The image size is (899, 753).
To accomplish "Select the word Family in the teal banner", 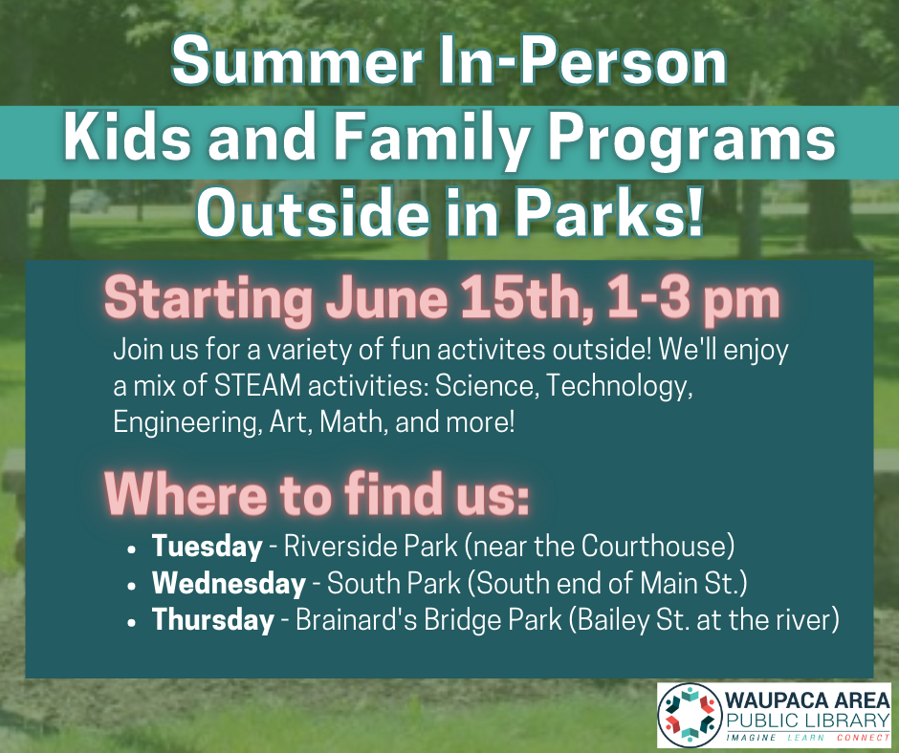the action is point(428,142).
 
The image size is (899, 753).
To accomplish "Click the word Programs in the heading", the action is point(687,142).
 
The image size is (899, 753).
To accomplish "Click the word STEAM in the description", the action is point(257,386).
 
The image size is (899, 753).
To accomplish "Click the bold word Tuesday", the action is point(207,547).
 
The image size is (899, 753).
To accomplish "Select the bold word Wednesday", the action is point(229,583).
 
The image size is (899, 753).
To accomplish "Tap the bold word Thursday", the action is point(212,620).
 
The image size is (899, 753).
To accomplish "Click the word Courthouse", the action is point(657,547).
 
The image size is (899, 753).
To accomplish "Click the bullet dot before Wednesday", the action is point(133,586).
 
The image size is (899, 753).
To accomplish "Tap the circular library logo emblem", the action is point(690,715).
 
